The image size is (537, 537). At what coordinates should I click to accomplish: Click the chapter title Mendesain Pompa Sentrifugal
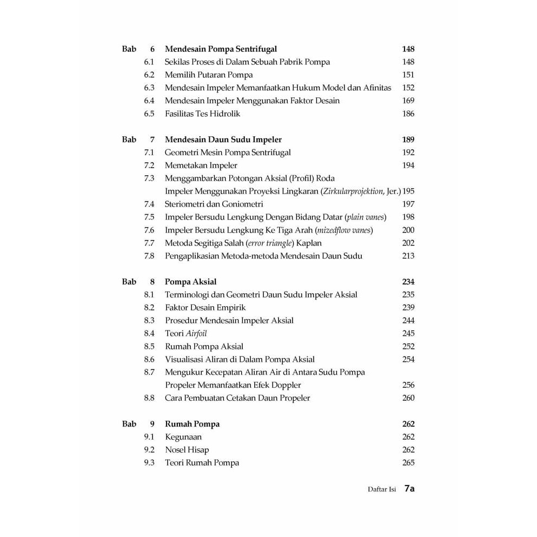[x=221, y=49]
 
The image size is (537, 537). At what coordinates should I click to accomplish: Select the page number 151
[x=408, y=75]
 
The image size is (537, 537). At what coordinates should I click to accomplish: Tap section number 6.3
[x=149, y=88]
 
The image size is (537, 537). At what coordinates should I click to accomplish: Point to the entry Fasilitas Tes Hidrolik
[x=203, y=114]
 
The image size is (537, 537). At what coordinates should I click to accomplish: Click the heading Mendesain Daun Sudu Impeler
[x=223, y=140]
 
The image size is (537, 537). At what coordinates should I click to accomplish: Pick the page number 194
[x=408, y=165]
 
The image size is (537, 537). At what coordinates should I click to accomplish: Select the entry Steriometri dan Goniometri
[x=214, y=204]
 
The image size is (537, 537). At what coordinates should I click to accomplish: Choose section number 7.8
[x=149, y=256]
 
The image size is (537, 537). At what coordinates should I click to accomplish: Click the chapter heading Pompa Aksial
[x=191, y=282]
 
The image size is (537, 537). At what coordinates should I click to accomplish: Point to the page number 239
[x=408, y=308]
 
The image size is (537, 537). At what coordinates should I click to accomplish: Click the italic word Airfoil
[x=196, y=334]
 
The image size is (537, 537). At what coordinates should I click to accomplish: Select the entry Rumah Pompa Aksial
[x=204, y=347]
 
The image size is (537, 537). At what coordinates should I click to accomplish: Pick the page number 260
[x=408, y=399]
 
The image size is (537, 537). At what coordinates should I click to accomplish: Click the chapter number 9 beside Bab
[x=152, y=425]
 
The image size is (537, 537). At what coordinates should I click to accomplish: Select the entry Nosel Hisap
[x=187, y=450]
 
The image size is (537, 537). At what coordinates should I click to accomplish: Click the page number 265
[x=408, y=463]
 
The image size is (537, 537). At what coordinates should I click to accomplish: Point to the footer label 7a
[x=409, y=489]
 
